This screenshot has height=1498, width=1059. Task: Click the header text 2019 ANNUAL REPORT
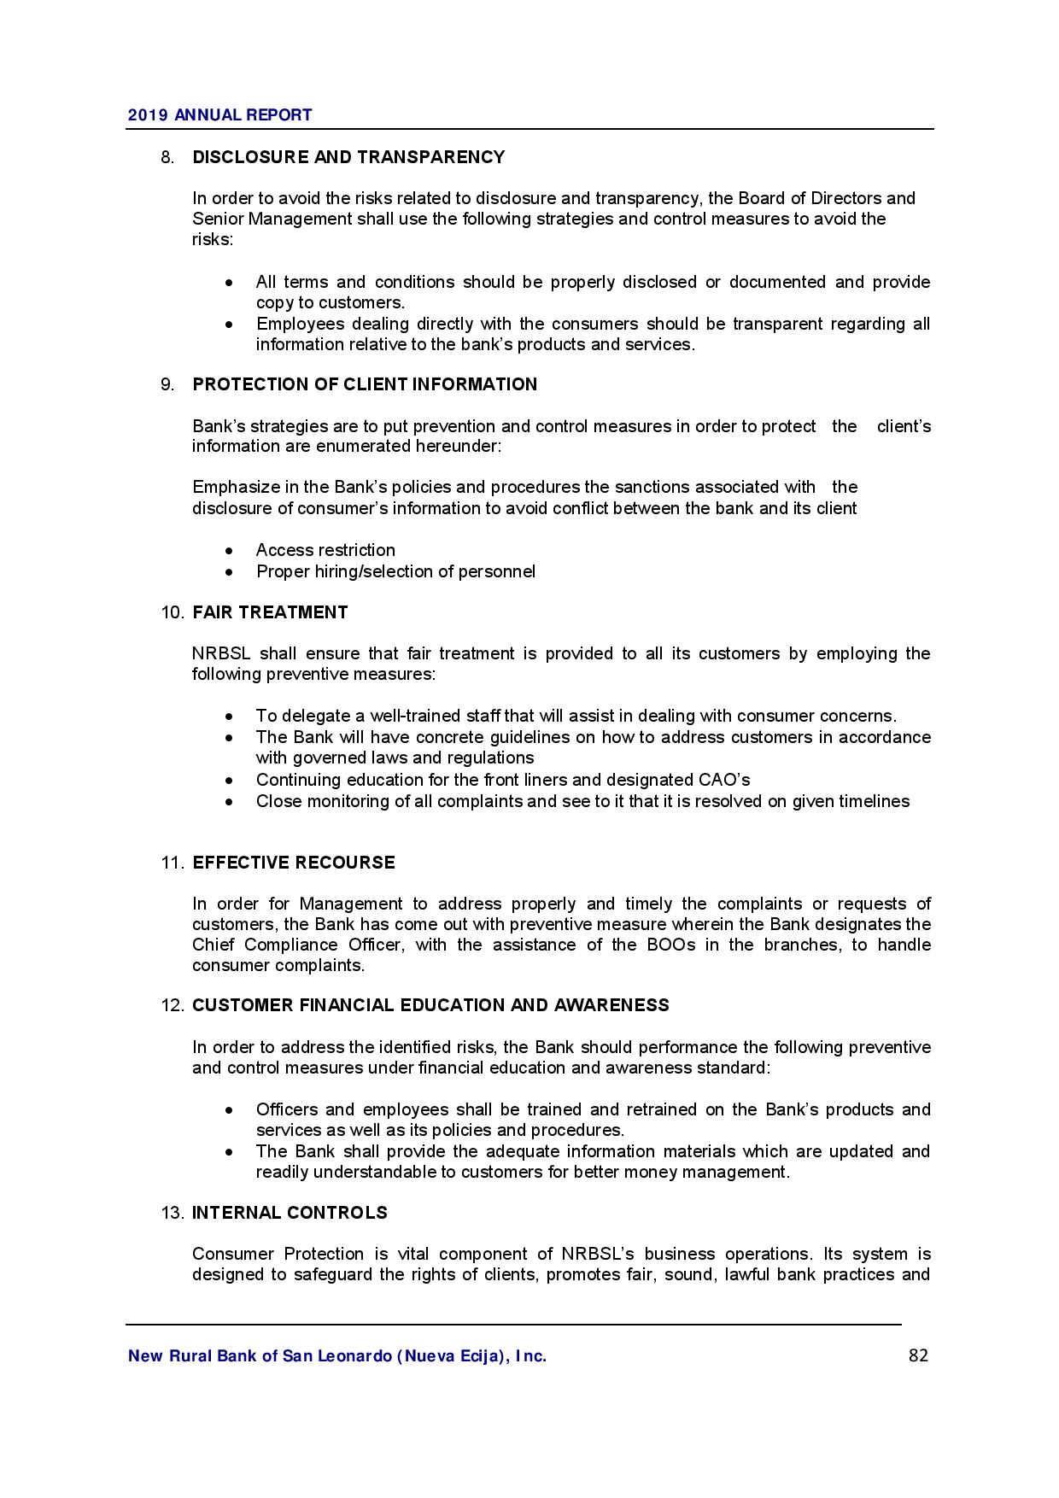point(219,115)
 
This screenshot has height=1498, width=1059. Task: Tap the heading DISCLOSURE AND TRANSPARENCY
point(348,157)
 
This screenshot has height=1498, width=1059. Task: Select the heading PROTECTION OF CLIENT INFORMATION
point(365,384)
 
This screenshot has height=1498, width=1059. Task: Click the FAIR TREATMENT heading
point(270,612)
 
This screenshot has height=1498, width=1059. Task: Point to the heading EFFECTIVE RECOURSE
point(294,863)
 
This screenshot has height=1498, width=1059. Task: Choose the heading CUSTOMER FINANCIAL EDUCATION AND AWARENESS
point(430,1005)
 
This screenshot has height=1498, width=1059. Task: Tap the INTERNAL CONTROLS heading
point(290,1213)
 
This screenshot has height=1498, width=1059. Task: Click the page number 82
point(918,1355)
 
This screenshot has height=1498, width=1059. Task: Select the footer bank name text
point(336,1356)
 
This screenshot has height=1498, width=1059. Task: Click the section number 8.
point(167,157)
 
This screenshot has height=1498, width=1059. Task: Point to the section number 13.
point(172,1213)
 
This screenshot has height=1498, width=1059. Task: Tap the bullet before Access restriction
point(229,551)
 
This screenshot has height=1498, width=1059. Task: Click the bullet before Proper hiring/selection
point(229,572)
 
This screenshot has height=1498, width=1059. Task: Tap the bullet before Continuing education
point(229,781)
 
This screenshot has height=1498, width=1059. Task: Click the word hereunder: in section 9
point(459,447)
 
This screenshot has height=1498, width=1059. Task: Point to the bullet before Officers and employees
point(229,1110)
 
